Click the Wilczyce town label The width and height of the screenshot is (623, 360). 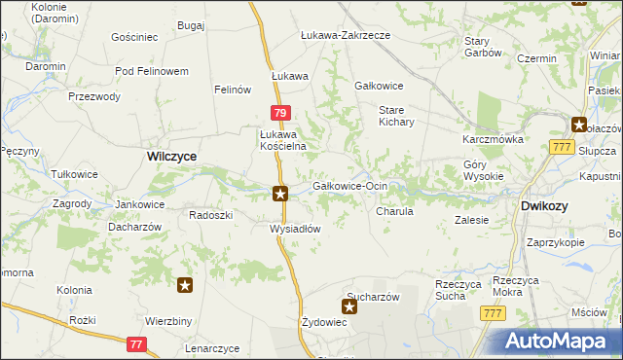point(171,156)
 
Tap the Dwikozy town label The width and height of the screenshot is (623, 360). point(544,206)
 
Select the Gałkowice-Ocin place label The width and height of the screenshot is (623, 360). point(349,185)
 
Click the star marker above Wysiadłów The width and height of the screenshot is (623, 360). point(280,194)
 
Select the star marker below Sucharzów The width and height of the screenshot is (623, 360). point(349,307)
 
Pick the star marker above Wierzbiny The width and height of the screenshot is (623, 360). point(185,286)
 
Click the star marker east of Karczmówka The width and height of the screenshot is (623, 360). point(578,125)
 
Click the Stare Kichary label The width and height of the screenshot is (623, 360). point(397,116)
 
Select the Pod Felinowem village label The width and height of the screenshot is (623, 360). point(151,72)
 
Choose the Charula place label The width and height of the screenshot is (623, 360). point(394,210)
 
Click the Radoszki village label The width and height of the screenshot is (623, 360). point(210,215)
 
